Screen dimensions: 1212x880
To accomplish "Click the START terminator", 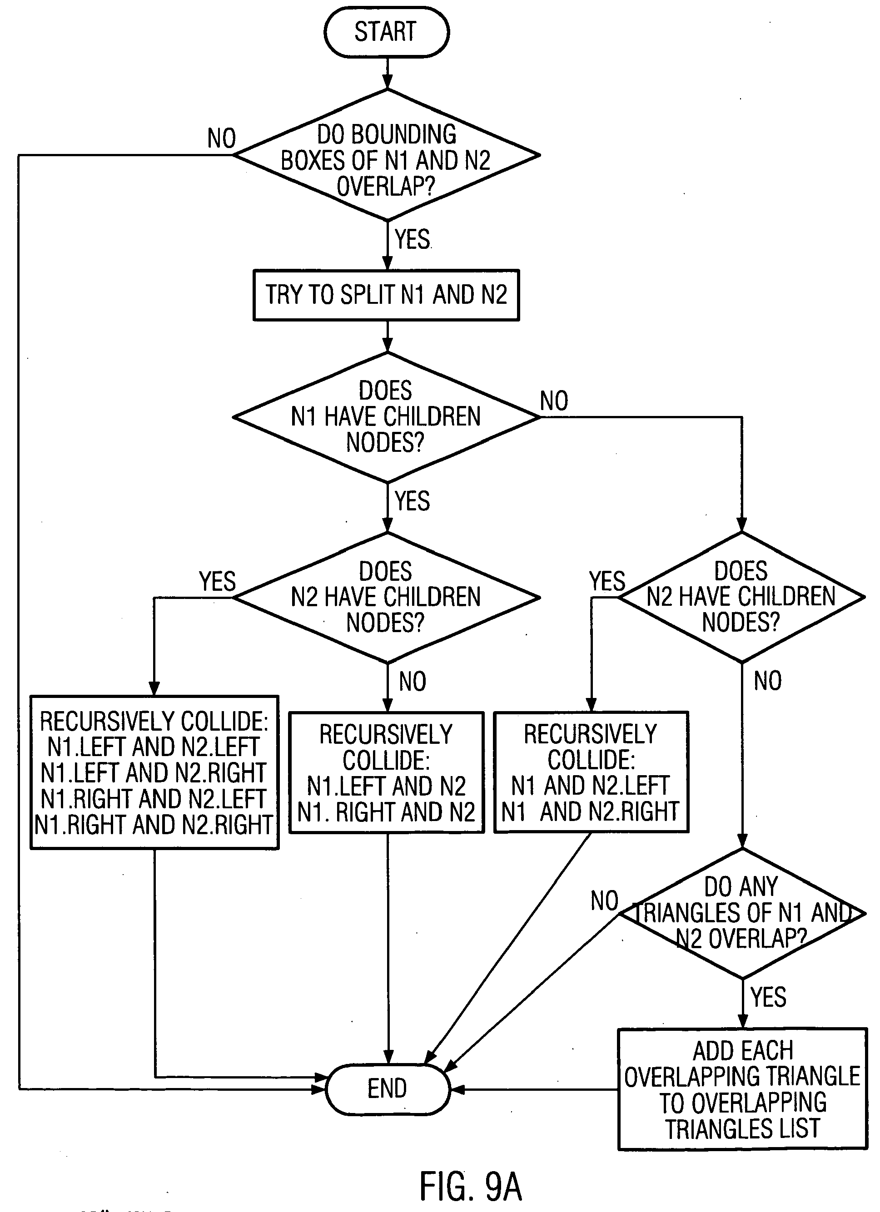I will (x=387, y=32).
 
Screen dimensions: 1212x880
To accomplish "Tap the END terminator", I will (x=388, y=1088).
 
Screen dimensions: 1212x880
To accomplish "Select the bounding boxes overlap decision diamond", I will (x=387, y=155).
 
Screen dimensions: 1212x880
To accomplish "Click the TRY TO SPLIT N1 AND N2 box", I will (x=386, y=295).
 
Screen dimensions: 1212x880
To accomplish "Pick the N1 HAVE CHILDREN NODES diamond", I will (x=386, y=417).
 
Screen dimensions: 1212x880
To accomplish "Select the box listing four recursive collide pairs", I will (x=154, y=772).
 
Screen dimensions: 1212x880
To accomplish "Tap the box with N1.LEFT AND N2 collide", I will (x=387, y=772).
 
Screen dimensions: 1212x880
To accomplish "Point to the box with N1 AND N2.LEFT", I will (x=591, y=772).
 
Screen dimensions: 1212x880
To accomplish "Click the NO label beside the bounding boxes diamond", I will (x=221, y=139).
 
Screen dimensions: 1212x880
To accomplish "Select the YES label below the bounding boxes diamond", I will (x=412, y=239).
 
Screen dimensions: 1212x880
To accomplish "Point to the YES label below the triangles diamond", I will (x=768, y=997).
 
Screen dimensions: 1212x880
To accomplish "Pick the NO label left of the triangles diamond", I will (x=604, y=901).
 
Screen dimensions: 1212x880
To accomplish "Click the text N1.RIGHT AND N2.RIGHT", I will (x=154, y=825).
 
